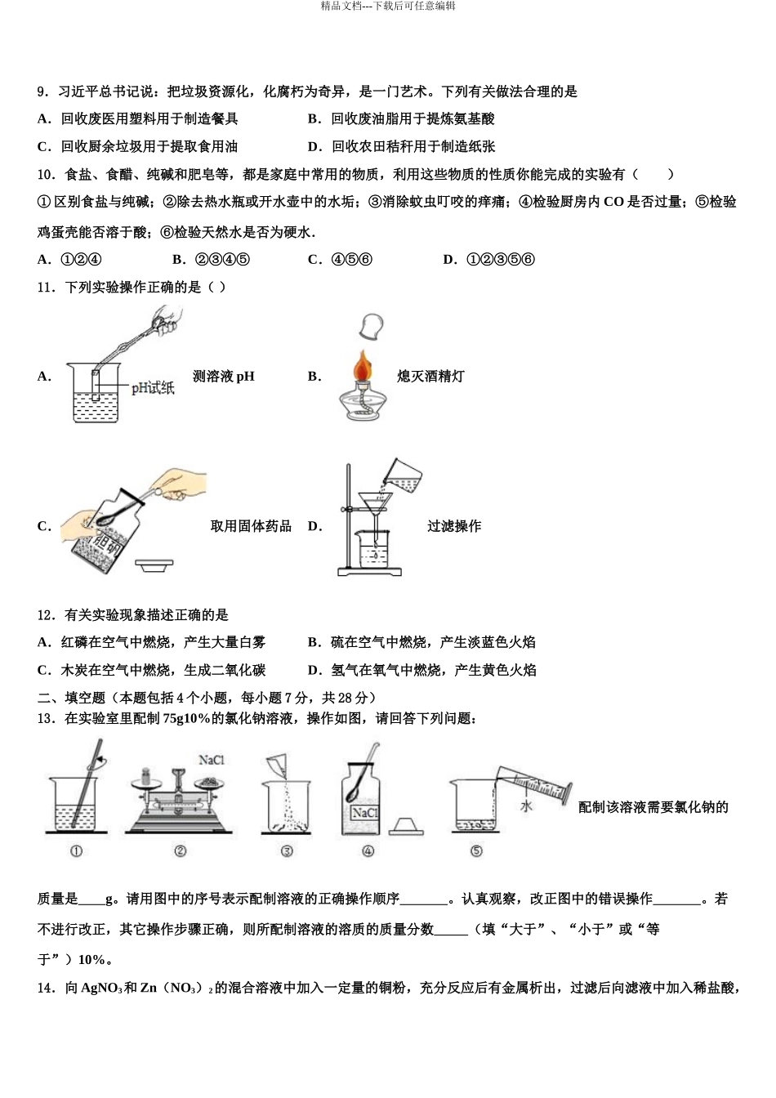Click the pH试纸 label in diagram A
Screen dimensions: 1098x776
tap(153, 387)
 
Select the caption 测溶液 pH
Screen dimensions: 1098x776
tap(224, 377)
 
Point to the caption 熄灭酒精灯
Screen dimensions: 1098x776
tap(430, 377)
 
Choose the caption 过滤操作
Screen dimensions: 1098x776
tap(454, 526)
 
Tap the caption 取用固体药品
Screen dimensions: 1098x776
tap(251, 526)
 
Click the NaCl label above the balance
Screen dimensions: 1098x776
tap(212, 760)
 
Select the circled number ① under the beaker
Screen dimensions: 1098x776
tap(77, 850)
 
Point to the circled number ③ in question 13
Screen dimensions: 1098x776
tap(287, 850)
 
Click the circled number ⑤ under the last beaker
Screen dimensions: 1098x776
tap(476, 850)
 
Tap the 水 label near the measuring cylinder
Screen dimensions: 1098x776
tap(526, 806)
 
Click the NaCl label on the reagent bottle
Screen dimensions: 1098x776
tap(364, 813)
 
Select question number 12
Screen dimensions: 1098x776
tap(46, 615)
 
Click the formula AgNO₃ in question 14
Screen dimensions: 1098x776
tap(100, 989)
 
